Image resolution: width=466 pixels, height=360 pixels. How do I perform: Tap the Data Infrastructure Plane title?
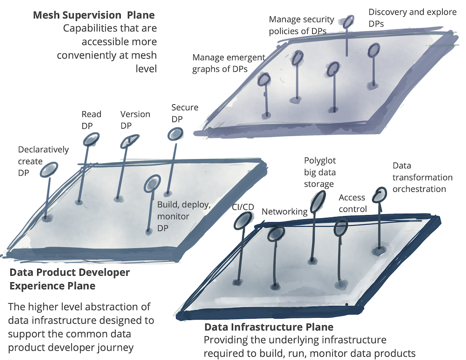pos(269,327)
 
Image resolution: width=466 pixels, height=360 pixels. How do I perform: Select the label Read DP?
pos(91,120)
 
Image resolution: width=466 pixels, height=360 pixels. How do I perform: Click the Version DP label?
pos(135,120)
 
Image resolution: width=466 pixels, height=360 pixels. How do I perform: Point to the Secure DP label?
pos(185,113)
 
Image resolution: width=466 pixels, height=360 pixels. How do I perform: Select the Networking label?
pos(284,212)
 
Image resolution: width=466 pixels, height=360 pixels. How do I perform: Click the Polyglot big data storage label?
pos(320,172)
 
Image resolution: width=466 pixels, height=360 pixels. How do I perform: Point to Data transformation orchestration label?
pos(422,177)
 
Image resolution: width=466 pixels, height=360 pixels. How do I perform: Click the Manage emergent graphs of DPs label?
pos(228,63)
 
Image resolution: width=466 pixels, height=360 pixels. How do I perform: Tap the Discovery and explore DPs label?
pos(412,17)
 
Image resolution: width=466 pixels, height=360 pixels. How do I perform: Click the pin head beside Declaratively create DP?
pos(49,170)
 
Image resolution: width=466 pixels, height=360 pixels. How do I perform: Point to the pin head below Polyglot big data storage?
pos(318,200)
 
